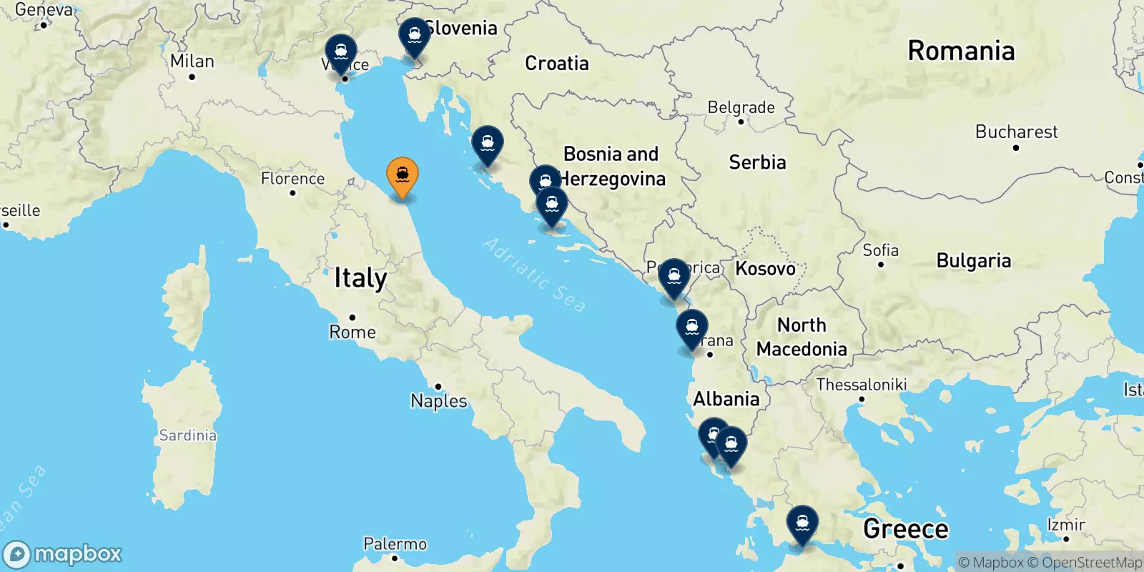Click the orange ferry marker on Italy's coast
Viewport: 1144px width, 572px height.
[403, 175]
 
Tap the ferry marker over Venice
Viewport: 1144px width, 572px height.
[341, 53]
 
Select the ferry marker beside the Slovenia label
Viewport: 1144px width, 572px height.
[414, 36]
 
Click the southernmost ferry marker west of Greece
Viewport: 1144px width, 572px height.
[802, 523]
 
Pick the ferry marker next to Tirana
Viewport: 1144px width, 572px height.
[691, 328]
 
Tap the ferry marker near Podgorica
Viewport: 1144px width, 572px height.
[674, 277]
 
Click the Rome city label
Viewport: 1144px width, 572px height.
[352, 332]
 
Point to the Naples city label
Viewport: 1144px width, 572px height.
[439, 401]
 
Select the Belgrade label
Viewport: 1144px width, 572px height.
[741, 107]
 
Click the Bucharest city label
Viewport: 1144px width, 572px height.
[1016, 132]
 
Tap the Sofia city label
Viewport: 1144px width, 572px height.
[880, 250]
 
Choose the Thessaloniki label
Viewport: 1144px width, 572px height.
[862, 385]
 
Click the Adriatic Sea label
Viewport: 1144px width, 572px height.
[535, 275]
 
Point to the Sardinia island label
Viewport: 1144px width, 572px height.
[187, 435]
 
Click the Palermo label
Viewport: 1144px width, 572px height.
[395, 544]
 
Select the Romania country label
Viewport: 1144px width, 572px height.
[961, 51]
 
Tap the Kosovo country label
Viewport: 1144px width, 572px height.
[765, 269]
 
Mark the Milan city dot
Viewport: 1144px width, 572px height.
[192, 77]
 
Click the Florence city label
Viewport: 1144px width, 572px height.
[292, 179]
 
